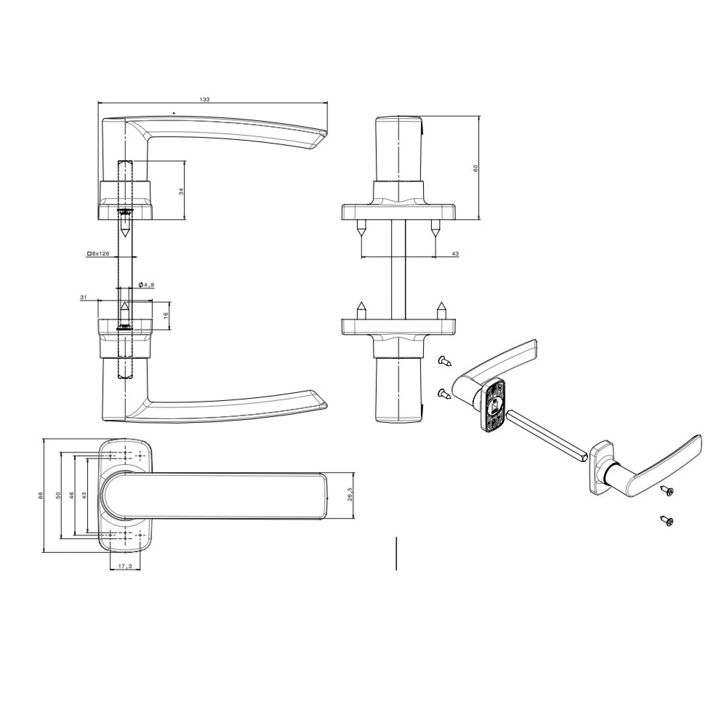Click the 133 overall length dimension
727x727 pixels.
pos(205,99)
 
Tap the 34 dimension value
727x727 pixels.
pos(181,191)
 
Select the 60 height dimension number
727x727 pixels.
pos(475,168)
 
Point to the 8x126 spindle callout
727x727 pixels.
pos(98,254)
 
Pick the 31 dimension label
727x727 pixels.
pos(83,297)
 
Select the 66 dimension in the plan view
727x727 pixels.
pos(41,495)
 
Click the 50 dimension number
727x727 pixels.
pos(58,495)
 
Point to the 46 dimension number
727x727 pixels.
pos(72,495)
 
